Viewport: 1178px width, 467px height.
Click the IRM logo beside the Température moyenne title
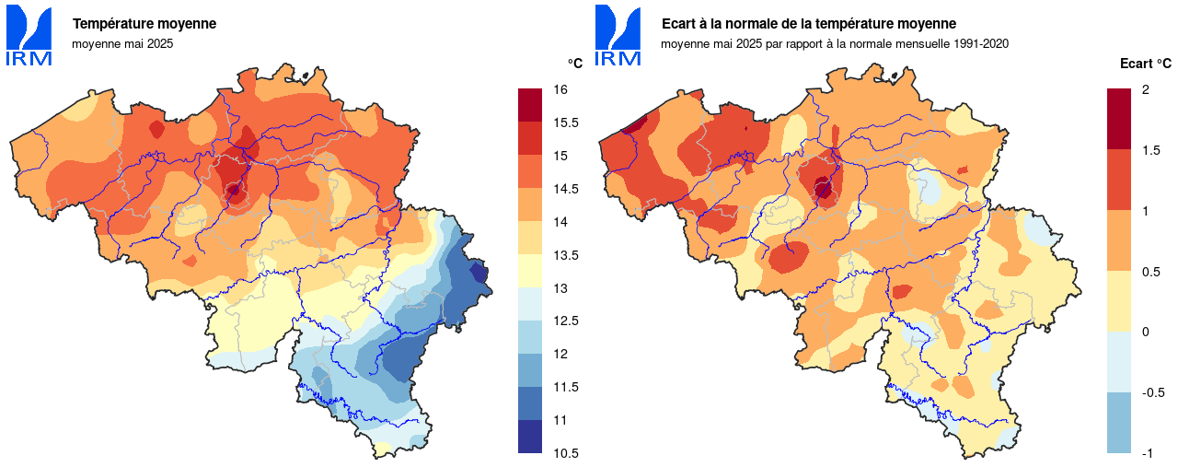pyautogui.click(x=29, y=35)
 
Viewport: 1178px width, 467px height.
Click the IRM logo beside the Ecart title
pyautogui.click(x=618, y=35)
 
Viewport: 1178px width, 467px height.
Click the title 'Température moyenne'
pyautogui.click(x=144, y=24)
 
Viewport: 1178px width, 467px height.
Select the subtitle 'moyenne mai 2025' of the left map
pyautogui.click(x=122, y=43)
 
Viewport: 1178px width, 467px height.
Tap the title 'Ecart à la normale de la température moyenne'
pyautogui.click(x=809, y=24)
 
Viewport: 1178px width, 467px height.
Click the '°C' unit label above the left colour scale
pyautogui.click(x=574, y=64)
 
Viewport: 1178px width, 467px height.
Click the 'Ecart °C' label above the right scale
pyautogui.click(x=1145, y=64)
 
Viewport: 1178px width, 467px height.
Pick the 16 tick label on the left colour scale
pyautogui.click(x=560, y=89)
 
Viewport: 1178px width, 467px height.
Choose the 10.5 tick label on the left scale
pyautogui.click(x=565, y=453)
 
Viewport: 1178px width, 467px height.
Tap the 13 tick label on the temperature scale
pyautogui.click(x=560, y=288)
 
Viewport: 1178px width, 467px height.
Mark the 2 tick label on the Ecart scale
pyautogui.click(x=1145, y=89)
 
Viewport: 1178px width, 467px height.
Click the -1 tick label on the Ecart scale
pyautogui.click(x=1147, y=453)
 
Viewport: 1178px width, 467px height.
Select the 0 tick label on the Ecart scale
pyautogui.click(x=1145, y=332)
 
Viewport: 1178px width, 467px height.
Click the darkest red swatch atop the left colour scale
pyautogui.click(x=530, y=105)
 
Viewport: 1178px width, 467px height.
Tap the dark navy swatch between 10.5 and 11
pyautogui.click(x=530, y=437)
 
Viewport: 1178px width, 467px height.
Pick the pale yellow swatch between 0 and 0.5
pyautogui.click(x=1118, y=301)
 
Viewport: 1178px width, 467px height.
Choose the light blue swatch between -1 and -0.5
pyautogui.click(x=1118, y=423)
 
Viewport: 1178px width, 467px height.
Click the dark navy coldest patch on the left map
pyautogui.click(x=478, y=273)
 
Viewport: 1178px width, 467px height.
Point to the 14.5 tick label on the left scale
pyautogui.click(x=565, y=189)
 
